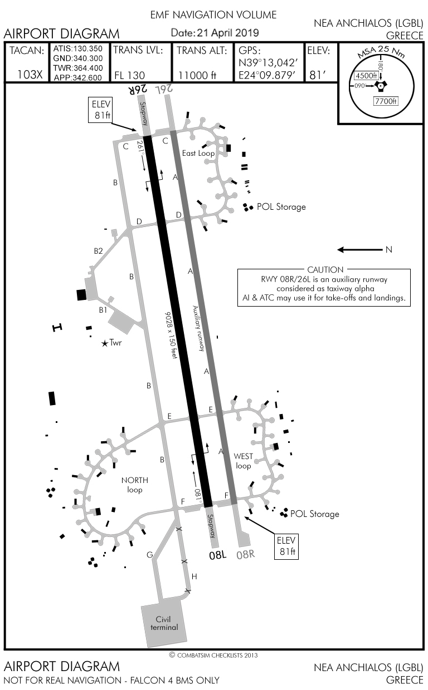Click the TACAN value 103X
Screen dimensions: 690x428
tap(30, 75)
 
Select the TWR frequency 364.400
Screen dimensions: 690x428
tap(77, 67)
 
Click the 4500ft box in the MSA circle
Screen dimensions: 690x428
tap(366, 76)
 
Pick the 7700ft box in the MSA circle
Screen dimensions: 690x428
tap(386, 101)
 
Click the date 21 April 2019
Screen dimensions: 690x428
tap(215, 33)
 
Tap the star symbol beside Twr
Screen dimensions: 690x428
tap(105, 344)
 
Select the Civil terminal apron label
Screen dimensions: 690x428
tap(164, 623)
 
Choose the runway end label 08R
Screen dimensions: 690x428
tap(246, 555)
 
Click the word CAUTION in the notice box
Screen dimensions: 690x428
tap(325, 270)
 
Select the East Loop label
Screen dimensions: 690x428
tap(198, 153)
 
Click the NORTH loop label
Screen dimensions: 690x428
tap(134, 485)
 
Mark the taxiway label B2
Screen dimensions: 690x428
tap(98, 251)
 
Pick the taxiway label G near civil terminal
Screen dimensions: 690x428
tap(149, 555)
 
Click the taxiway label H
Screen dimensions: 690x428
tap(194, 576)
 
